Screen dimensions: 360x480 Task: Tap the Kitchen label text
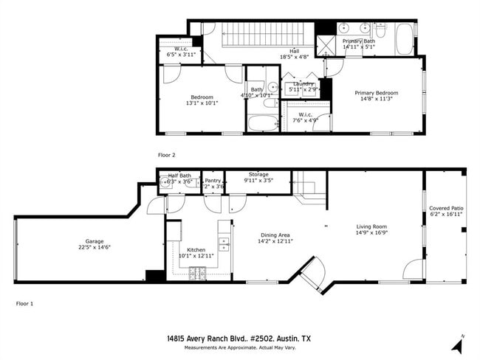pyautogui.click(x=196, y=249)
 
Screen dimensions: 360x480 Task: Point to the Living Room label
pyautogui.click(x=371, y=226)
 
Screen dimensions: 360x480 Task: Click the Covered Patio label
pyautogui.click(x=446, y=209)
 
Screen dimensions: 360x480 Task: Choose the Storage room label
pyautogui.click(x=258, y=174)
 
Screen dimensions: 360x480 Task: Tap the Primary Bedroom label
pyautogui.click(x=376, y=93)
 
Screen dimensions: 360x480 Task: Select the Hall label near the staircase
pyautogui.click(x=294, y=50)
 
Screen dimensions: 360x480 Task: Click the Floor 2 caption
pyautogui.click(x=167, y=155)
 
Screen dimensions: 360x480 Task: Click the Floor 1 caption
pyautogui.click(x=25, y=303)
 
